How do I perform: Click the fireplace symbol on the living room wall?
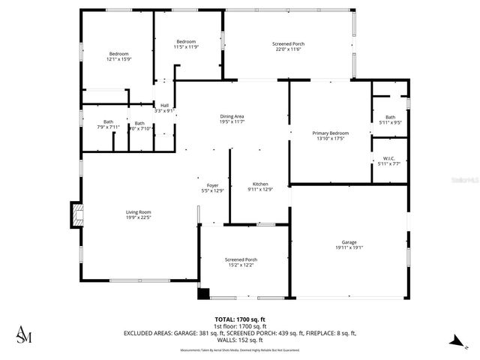(x=76, y=215)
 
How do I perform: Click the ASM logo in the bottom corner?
(x=24, y=334)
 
